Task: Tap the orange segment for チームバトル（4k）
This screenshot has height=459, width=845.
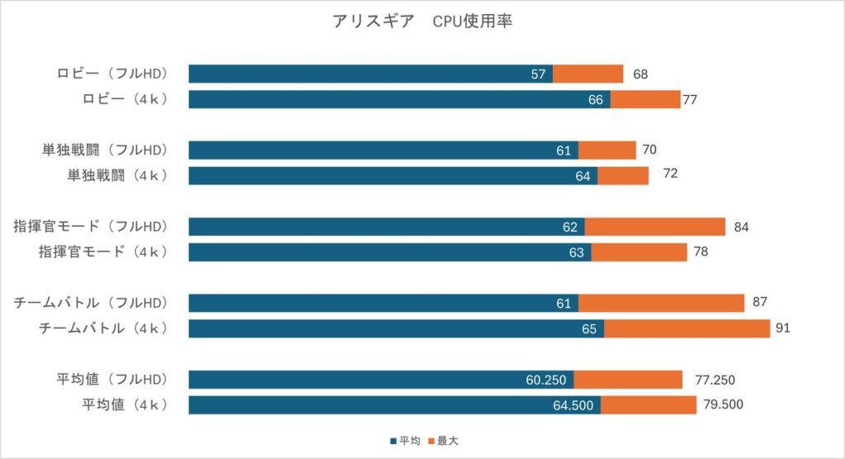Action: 687,329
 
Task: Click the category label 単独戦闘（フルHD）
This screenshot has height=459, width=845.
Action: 105,150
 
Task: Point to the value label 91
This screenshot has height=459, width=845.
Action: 783,329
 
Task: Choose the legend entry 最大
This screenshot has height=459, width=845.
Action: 455,441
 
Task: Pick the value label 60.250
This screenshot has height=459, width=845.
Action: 545,380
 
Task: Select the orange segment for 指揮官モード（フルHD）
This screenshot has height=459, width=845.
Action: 654,227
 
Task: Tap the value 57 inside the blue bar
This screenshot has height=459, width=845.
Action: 538,74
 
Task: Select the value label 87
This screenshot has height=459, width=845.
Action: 760,303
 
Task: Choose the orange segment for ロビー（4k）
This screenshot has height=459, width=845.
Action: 644,100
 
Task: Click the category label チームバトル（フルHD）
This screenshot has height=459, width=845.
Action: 91,303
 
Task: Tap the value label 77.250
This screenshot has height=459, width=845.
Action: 715,380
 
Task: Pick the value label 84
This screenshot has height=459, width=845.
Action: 741,227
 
